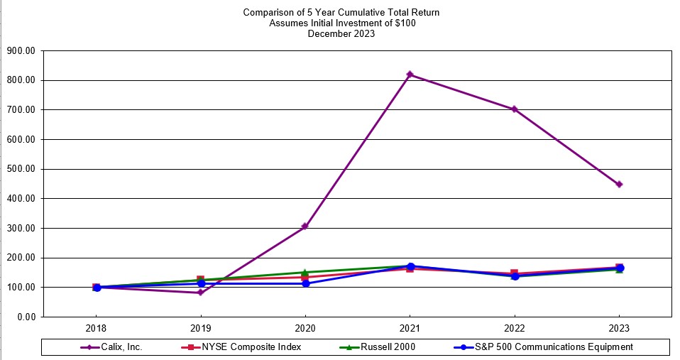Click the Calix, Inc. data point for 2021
click(410, 75)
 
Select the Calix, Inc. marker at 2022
click(515, 109)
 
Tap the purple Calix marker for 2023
click(619, 185)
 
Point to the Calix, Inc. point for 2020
click(305, 227)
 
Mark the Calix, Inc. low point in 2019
click(201, 293)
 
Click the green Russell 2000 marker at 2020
click(305, 272)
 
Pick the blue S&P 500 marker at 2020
click(305, 283)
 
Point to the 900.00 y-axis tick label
click(21, 51)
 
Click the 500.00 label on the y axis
click(21, 169)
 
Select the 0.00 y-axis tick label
click(26, 317)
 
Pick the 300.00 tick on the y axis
click(21, 228)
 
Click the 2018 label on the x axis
click(97, 328)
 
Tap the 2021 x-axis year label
click(410, 328)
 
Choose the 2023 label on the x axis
click(619, 328)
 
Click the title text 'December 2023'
click(341, 33)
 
